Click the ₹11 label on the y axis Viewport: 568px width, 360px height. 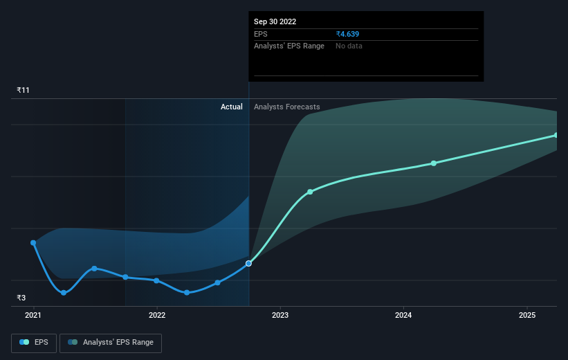pos(24,91)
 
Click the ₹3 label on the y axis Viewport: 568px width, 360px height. pos(22,298)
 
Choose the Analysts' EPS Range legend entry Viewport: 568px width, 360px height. pos(111,342)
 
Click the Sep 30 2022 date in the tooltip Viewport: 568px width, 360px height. pos(275,21)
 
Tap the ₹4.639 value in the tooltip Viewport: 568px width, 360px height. pos(347,34)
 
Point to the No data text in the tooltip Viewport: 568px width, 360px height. pos(349,46)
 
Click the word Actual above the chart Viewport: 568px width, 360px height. pos(231,107)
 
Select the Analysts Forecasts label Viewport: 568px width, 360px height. pos(287,107)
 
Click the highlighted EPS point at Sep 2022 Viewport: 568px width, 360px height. pos(249,263)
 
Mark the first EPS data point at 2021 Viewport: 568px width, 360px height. pos(33,243)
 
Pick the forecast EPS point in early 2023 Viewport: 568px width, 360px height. pos(310,192)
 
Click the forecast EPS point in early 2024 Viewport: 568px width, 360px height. pos(434,163)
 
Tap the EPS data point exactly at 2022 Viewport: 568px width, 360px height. pos(157,280)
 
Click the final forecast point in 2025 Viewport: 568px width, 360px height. pos(556,135)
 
